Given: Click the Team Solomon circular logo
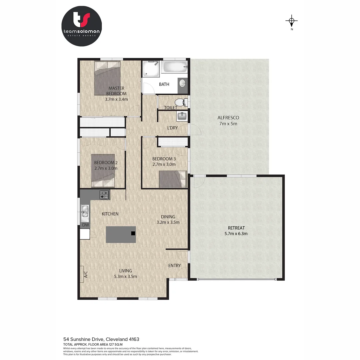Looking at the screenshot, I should (82, 26).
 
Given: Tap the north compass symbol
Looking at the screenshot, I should (292, 22).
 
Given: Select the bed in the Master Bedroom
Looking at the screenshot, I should (107, 78).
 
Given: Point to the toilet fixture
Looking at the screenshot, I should (180, 102).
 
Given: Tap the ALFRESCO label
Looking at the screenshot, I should (228, 118).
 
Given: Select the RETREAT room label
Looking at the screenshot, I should (236, 228).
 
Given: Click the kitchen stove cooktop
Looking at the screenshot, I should (104, 194).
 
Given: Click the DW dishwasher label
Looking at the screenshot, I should (86, 225).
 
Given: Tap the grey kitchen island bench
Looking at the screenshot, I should (121, 234).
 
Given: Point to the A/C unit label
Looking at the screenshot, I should (85, 274).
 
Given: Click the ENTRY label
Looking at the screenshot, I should (174, 265).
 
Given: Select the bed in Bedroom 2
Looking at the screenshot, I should (103, 170).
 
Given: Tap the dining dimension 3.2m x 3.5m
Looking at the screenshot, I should (168, 222).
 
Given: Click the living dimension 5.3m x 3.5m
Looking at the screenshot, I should (125, 276).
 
